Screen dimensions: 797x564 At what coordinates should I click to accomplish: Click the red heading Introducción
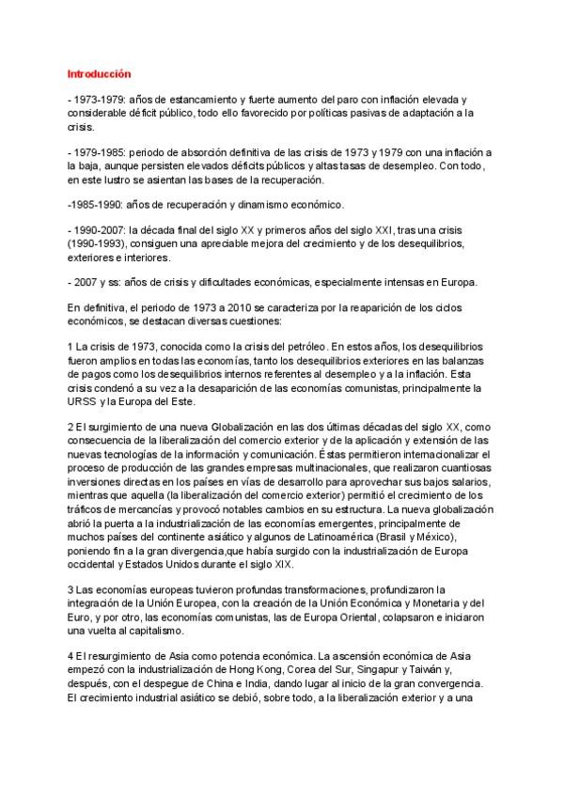click(99, 73)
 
